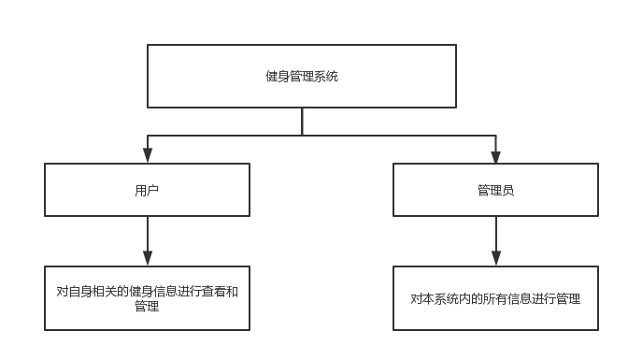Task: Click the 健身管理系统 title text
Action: tap(302, 76)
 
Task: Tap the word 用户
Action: tap(147, 190)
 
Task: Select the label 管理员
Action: tap(495, 190)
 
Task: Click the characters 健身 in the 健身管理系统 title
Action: tap(278, 76)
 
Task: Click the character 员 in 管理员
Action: tap(507, 190)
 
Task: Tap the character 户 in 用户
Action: tap(153, 190)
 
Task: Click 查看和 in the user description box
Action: tap(221, 292)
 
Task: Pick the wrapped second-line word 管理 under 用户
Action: tap(147, 306)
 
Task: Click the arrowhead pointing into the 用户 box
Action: tap(147, 156)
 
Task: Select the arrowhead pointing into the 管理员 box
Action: tap(495, 156)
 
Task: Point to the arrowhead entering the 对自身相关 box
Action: tap(147, 258)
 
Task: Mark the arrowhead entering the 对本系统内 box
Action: tap(495, 258)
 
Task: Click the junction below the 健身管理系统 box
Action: tap(302, 136)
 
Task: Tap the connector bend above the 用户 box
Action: tap(147, 136)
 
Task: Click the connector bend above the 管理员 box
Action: tap(495, 136)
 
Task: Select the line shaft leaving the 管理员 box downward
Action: tap(495, 232)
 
